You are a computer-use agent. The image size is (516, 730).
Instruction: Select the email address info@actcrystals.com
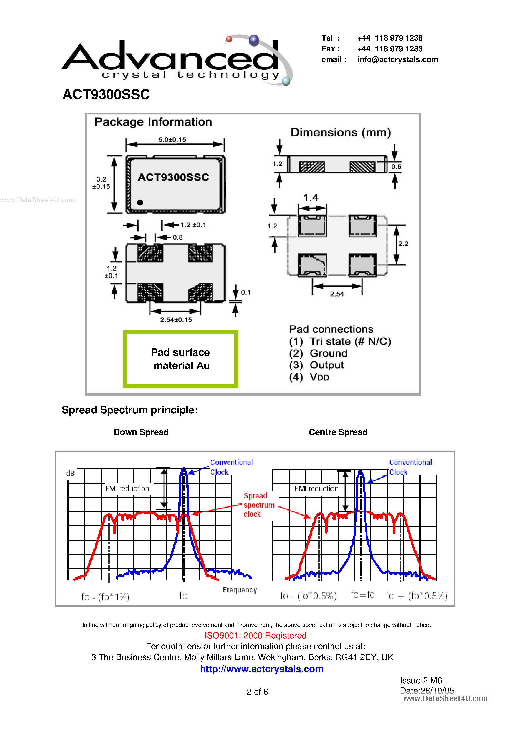pyautogui.click(x=397, y=60)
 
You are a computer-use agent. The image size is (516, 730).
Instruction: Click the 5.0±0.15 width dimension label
pyautogui.click(x=172, y=140)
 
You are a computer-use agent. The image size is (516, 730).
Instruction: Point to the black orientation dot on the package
pyautogui.click(x=140, y=202)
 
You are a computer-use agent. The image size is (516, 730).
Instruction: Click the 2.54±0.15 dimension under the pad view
pyautogui.click(x=176, y=320)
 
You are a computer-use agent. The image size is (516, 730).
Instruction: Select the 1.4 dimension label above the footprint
pyautogui.click(x=310, y=198)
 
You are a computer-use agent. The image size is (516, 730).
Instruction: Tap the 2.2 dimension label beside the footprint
pyautogui.click(x=403, y=244)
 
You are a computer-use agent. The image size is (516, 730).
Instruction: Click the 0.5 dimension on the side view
pyautogui.click(x=396, y=167)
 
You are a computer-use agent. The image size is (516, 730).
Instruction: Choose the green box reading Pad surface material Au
pyautogui.click(x=180, y=359)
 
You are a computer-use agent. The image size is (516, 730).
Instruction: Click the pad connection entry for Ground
pyautogui.click(x=318, y=353)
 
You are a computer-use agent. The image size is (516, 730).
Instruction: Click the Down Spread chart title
pyautogui.click(x=141, y=432)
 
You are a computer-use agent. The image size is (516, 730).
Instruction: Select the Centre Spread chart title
pyautogui.click(x=338, y=432)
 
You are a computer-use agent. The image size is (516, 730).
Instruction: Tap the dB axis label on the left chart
pyautogui.click(x=70, y=473)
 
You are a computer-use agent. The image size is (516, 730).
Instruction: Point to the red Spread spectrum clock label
pyautogui.click(x=259, y=505)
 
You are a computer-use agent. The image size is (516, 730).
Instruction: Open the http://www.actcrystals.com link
pyautogui.click(x=261, y=669)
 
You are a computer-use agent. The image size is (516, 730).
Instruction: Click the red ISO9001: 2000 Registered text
pyautogui.click(x=256, y=636)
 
